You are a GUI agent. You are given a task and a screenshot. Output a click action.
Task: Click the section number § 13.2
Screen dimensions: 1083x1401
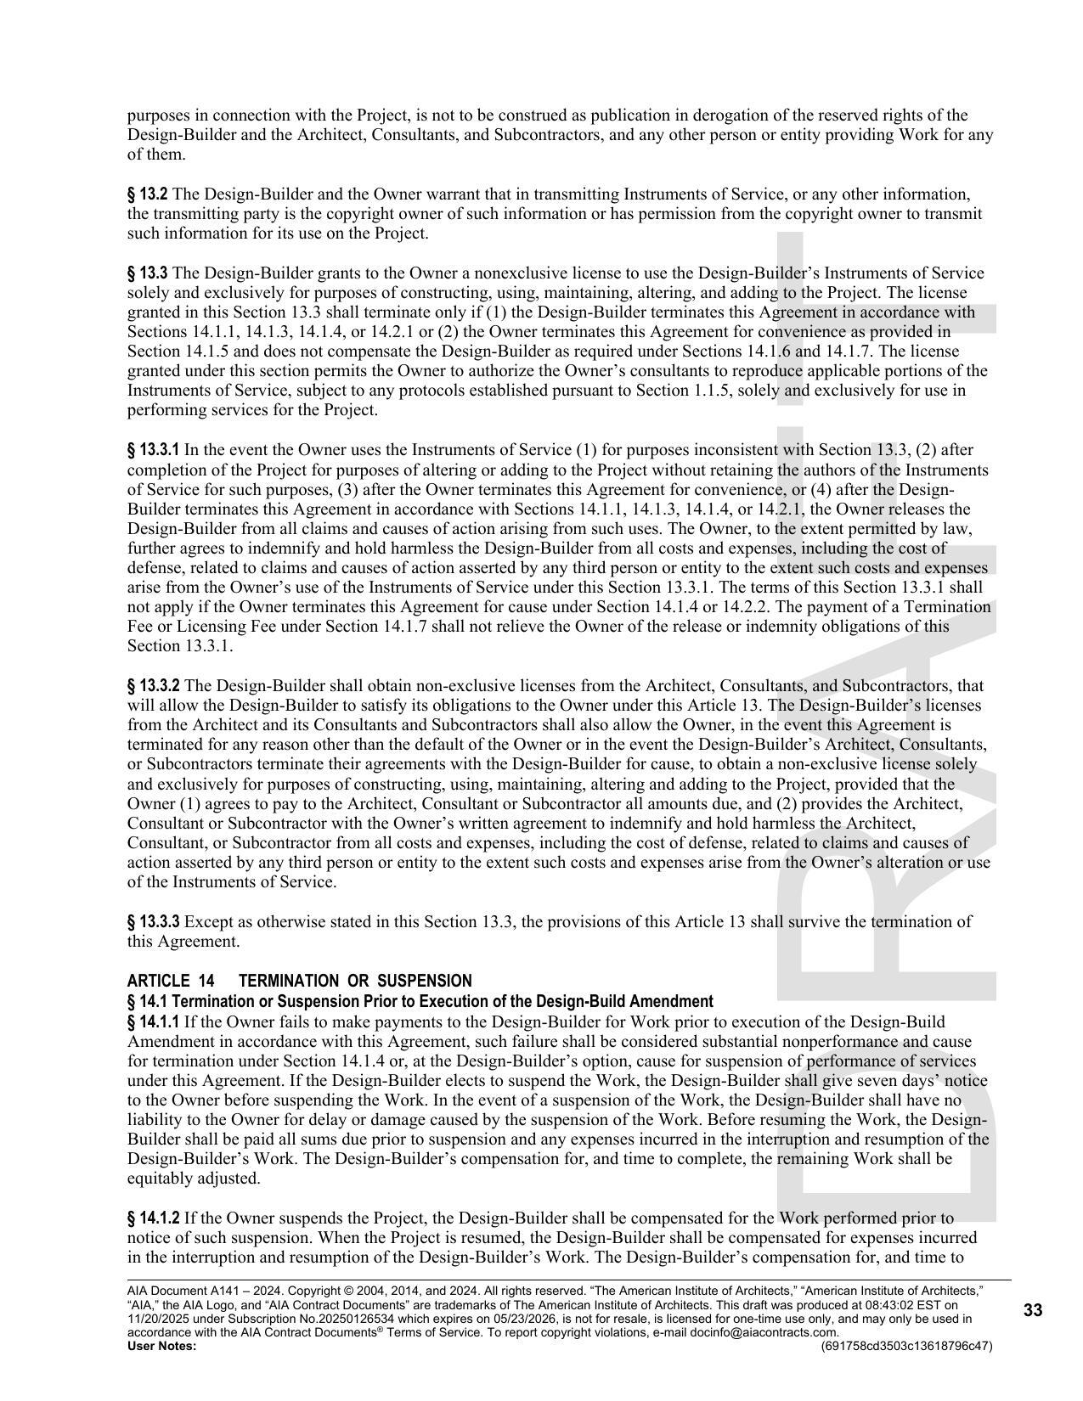tap(147, 194)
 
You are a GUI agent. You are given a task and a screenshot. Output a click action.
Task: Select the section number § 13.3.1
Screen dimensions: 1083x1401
tap(153, 449)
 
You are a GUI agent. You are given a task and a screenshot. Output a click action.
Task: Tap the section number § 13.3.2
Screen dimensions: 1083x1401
tap(153, 685)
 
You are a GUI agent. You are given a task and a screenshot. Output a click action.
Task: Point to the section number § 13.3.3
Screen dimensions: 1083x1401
tap(153, 921)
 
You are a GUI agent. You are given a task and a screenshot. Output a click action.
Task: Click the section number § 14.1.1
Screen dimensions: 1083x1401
tap(153, 1021)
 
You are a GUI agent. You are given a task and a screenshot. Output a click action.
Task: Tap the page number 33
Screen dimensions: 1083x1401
tap(1032, 1310)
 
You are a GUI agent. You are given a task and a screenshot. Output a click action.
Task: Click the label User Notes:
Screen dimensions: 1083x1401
tap(161, 1346)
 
